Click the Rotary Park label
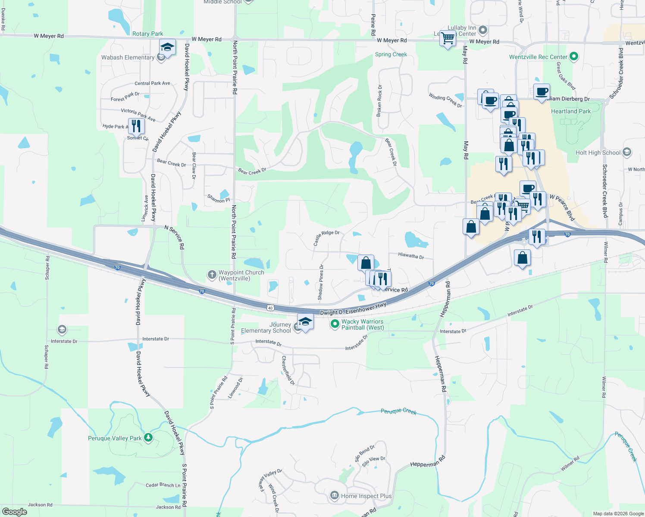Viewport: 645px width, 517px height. [147, 34]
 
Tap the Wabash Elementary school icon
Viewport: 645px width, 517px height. [161, 58]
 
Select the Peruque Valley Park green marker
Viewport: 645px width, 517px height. [148, 438]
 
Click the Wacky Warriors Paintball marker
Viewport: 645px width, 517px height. [335, 324]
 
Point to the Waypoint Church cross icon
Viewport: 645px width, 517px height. [212, 274]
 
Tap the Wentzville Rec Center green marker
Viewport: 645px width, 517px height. [573, 56]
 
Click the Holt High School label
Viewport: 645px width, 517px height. [598, 153]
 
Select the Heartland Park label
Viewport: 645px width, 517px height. [571, 111]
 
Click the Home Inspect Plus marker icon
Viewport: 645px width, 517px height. [334, 495]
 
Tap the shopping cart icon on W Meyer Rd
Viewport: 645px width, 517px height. [448, 38]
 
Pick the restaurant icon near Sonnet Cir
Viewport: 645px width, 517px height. [136, 125]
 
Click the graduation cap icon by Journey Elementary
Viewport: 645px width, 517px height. [305, 322]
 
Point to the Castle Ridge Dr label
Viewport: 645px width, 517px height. [326, 237]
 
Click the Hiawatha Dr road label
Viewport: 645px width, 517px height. [411, 256]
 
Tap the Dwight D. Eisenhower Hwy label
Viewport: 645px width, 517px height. [353, 309]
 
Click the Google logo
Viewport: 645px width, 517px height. [14, 512]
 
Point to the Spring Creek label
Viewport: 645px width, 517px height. [391, 54]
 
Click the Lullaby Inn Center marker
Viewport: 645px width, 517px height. [483, 30]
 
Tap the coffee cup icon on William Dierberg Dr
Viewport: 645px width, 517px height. [542, 91]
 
